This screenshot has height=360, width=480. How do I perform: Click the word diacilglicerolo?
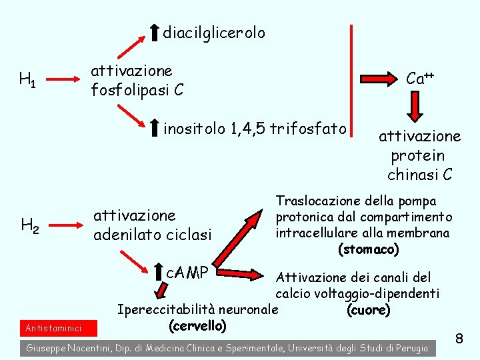pyautogui.click(x=213, y=33)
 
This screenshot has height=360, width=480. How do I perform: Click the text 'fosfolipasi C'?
pyautogui.click(x=137, y=89)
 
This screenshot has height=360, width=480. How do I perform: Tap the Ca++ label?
pyautogui.click(x=420, y=79)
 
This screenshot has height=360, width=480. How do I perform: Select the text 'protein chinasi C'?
pyautogui.click(x=419, y=165)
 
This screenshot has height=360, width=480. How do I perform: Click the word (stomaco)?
pyautogui.click(x=369, y=249)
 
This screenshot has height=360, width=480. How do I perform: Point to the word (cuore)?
pyautogui.click(x=369, y=311)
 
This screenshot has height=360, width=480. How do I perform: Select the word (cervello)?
pyautogui.click(x=198, y=326)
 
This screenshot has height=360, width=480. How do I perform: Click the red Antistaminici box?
pyautogui.click(x=55, y=328)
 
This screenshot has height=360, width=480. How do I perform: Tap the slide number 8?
pyautogui.click(x=459, y=339)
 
